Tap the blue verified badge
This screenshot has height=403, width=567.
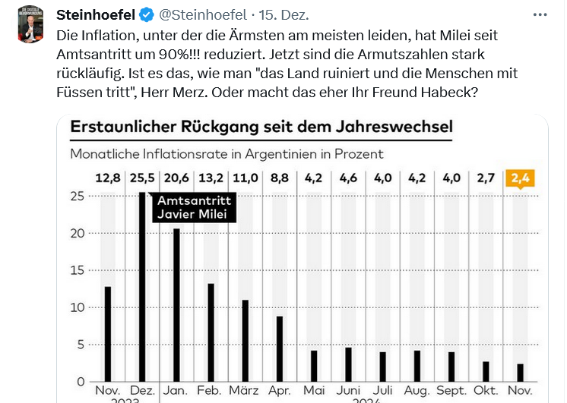point(146,15)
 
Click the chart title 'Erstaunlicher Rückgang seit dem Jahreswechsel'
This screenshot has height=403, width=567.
point(261,127)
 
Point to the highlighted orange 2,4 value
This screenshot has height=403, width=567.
point(519,179)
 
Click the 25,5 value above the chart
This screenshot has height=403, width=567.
point(141,179)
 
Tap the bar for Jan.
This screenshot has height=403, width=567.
point(176,304)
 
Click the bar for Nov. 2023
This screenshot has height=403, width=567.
point(108,333)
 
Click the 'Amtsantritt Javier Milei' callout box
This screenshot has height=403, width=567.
point(193,206)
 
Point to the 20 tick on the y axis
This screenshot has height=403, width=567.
point(76,233)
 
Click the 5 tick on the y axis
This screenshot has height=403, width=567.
point(79,344)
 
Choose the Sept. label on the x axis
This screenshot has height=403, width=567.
point(451,390)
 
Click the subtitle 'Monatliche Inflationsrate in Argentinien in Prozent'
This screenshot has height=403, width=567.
point(226,153)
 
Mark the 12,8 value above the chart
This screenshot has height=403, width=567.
point(108,179)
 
